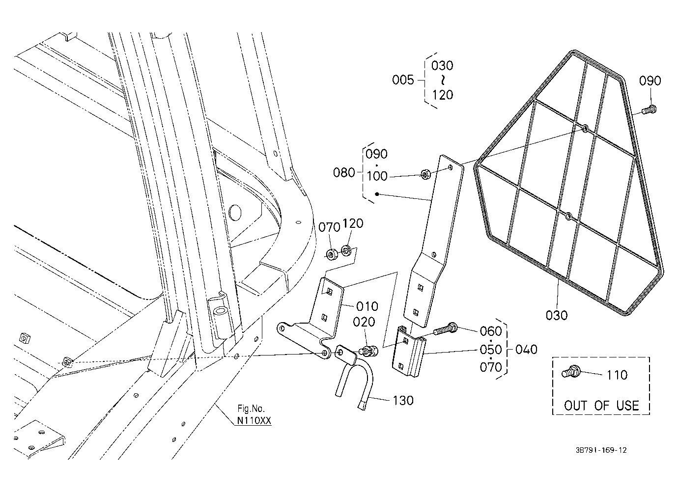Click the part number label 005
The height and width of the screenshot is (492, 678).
(x=402, y=80)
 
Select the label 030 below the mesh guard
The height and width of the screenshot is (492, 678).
(x=556, y=316)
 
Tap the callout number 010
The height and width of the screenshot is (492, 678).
(x=367, y=306)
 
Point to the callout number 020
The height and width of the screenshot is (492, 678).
(x=364, y=322)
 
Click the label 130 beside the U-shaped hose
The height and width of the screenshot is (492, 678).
(x=403, y=401)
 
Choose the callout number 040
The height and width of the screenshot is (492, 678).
(x=526, y=350)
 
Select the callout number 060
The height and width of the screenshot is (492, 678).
(x=491, y=331)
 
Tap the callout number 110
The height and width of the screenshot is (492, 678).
(x=617, y=375)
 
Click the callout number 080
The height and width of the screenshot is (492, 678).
(x=344, y=173)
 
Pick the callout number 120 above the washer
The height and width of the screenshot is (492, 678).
(x=353, y=223)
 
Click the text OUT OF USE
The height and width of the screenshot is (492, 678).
(x=601, y=406)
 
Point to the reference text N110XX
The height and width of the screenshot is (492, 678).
(x=254, y=421)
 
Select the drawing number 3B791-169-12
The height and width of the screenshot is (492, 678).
(x=601, y=450)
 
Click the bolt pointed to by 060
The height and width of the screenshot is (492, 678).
(x=445, y=329)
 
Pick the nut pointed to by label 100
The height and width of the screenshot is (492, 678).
(x=426, y=174)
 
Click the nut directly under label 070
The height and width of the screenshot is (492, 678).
(x=332, y=253)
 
